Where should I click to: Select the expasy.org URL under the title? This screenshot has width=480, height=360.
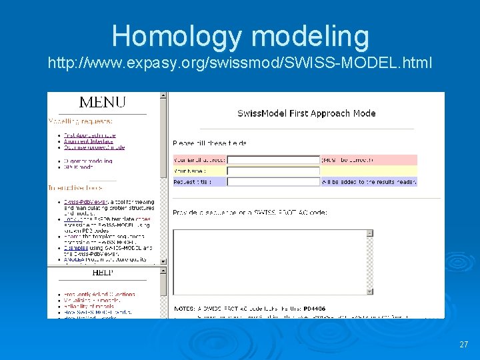[x=239, y=64]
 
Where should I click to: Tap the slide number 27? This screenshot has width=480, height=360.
[x=464, y=345]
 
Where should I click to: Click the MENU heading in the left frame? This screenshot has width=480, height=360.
[x=102, y=103]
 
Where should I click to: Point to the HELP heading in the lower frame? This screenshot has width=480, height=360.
[x=102, y=273]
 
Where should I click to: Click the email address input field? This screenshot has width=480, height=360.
[x=273, y=160]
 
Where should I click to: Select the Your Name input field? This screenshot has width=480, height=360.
[x=273, y=171]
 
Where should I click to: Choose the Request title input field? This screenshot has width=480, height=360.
[x=273, y=181]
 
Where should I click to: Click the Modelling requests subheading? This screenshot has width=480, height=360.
[x=81, y=121]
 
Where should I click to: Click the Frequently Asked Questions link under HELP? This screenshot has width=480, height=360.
[x=100, y=294]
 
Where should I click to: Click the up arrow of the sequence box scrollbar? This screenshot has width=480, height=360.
[x=370, y=233]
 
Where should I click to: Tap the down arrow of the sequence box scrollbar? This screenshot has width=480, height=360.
[x=370, y=291]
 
